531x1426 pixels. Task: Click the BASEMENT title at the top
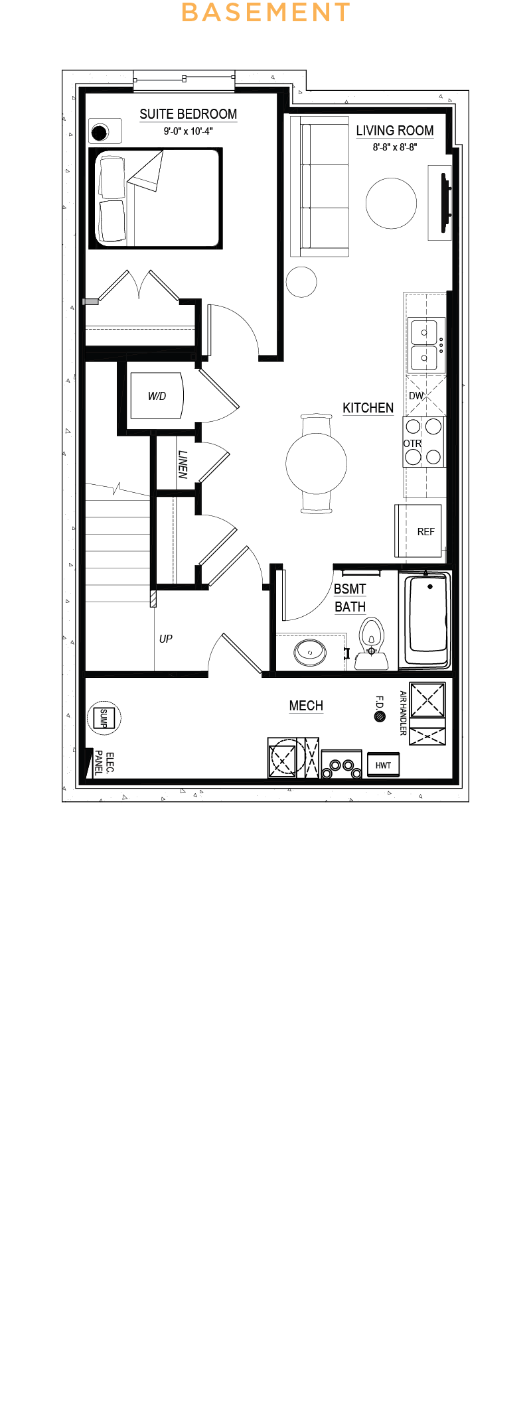(265, 13)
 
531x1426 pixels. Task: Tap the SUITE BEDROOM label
(189, 114)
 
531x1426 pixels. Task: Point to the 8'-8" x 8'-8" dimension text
(395, 147)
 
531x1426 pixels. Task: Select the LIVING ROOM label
(395, 131)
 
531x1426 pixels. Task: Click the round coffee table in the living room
(392, 203)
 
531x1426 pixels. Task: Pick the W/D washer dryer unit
(157, 395)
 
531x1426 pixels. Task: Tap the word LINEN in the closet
(183, 464)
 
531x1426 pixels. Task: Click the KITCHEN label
(368, 408)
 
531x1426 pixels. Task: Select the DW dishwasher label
(416, 396)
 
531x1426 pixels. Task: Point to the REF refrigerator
(419, 531)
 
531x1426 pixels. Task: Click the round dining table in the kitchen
(317, 464)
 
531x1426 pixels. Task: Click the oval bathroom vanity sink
(310, 652)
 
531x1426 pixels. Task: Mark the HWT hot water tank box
(383, 765)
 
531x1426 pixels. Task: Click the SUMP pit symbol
(104, 718)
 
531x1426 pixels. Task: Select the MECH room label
(306, 706)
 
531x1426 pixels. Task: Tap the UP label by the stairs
(166, 639)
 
